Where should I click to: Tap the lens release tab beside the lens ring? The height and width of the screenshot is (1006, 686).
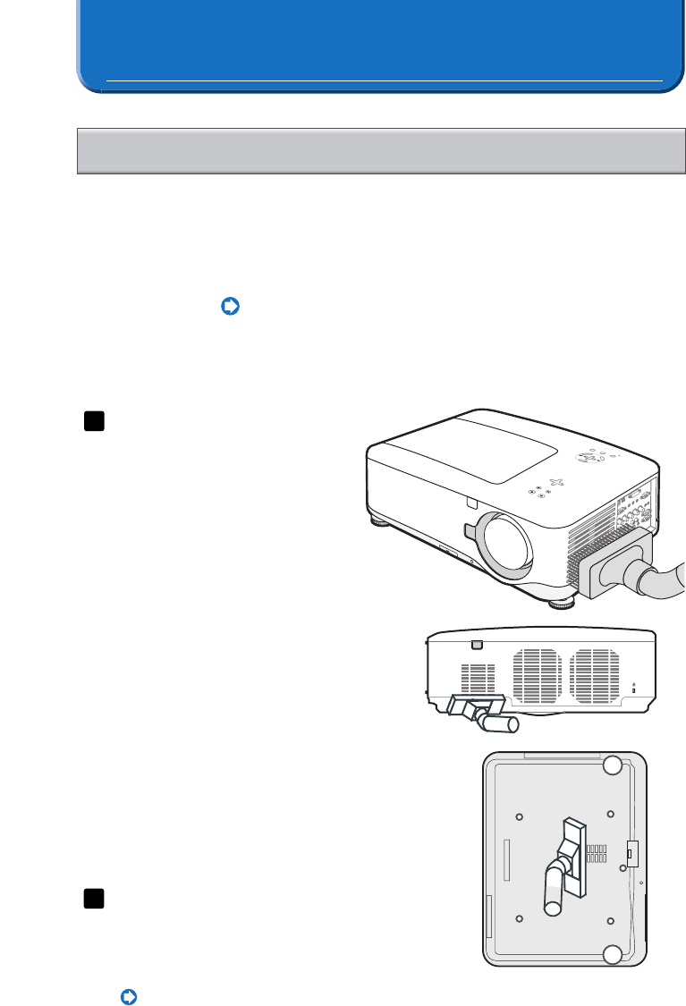point(471,529)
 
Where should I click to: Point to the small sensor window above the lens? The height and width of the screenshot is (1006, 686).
point(473,503)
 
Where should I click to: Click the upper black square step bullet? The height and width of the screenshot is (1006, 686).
point(94,421)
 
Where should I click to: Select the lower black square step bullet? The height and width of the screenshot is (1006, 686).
point(94,899)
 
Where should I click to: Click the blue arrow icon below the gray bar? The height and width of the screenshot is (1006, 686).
point(230,307)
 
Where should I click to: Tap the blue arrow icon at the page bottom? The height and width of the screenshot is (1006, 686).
point(128,995)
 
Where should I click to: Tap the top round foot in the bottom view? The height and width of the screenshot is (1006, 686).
point(611,765)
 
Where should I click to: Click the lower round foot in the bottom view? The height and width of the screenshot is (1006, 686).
point(611,956)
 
